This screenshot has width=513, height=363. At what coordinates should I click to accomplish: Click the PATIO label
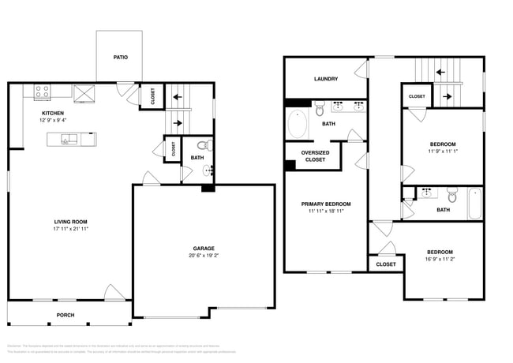(x=119, y=58)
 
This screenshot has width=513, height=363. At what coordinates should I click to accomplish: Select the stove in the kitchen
(x=42, y=92)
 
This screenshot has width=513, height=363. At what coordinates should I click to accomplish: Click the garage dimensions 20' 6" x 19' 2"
(x=203, y=255)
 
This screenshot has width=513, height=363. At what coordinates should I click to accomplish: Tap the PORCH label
(x=66, y=314)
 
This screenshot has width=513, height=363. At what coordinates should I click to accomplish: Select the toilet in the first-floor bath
(x=202, y=145)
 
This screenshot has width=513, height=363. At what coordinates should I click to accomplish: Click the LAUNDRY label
(x=325, y=79)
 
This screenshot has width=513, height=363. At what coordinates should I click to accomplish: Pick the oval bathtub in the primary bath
(x=298, y=124)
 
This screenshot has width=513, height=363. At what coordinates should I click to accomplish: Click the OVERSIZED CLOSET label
(x=315, y=155)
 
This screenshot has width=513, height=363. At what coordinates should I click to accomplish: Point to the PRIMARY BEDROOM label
(x=326, y=204)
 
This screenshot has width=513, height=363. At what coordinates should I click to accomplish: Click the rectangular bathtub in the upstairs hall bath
(x=474, y=203)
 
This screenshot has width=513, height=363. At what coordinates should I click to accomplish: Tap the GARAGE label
(x=203, y=248)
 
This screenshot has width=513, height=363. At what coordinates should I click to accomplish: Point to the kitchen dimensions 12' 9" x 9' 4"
(x=53, y=120)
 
